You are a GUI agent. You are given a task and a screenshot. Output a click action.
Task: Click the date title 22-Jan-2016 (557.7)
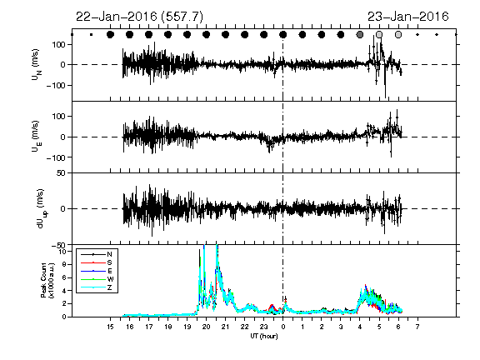tap(139, 17)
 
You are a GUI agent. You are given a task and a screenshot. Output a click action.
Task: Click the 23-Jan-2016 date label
tap(408, 17)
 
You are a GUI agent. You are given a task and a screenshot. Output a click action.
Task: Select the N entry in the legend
tap(109, 254)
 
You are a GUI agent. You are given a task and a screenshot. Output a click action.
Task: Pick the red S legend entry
tap(109, 262)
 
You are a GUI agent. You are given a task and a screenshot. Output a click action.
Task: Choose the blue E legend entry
tap(109, 271)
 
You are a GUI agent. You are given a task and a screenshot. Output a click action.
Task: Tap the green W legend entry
tap(110, 279)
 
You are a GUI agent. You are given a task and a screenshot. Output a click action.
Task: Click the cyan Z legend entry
tap(109, 287)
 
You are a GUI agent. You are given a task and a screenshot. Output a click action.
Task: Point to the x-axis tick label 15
tap(111, 327)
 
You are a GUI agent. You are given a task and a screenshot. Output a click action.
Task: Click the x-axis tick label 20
tap(207, 327)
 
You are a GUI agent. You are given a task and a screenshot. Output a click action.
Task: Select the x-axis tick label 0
tap(283, 327)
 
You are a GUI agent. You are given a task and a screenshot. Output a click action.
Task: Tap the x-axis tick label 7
tap(417, 327)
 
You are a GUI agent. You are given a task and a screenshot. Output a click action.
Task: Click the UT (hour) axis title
tap(264, 336)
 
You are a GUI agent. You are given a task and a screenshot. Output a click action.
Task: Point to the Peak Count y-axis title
tap(47, 280)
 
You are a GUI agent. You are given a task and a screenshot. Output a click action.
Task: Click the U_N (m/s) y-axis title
tap(37, 65)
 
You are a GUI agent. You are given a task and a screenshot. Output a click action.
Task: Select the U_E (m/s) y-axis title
tap(37, 136)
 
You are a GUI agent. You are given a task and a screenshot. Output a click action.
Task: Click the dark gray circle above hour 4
tap(360, 35)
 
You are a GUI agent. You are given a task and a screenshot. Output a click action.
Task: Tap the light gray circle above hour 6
tap(398, 35)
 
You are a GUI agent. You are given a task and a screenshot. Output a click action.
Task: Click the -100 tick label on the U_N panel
tap(56, 85)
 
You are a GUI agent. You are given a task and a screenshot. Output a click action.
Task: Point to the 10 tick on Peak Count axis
tap(63, 252)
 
